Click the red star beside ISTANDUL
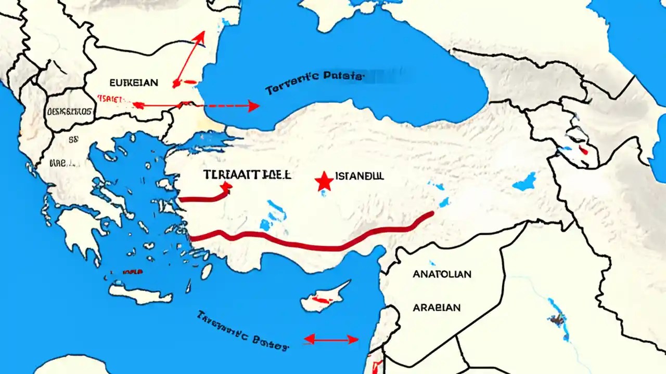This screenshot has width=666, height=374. coord(324,181)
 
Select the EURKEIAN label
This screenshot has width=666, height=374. coord(134,82)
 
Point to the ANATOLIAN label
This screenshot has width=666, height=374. coord(442,274)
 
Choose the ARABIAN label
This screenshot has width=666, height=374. coord(437,308)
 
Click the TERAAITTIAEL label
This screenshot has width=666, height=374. coord(240,175)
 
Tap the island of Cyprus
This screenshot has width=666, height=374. coord(325,298)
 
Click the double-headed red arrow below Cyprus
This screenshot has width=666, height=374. coord(331,340)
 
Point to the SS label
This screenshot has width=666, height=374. coord(73,139)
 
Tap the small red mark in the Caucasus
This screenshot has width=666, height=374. coord(583,151)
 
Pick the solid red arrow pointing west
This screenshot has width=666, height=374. coord(156,105)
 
